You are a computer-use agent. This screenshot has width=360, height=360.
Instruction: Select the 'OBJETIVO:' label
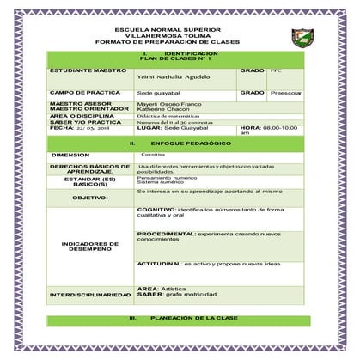tap(89, 198)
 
